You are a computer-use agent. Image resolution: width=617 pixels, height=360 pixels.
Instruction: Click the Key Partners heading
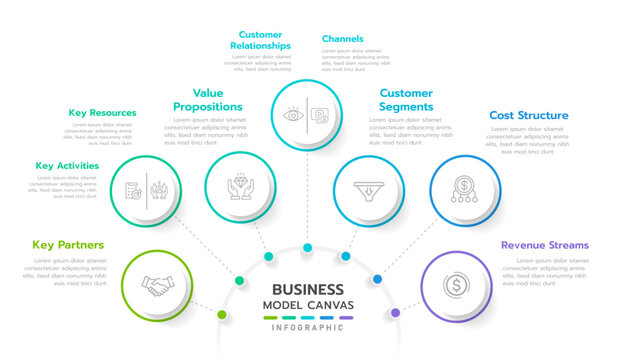click(x=68, y=245)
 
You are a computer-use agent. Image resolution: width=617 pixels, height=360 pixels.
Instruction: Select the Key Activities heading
click(x=67, y=166)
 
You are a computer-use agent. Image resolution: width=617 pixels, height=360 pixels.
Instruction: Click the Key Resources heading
click(x=102, y=113)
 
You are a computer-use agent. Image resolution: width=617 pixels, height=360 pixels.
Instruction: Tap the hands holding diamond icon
click(x=240, y=188)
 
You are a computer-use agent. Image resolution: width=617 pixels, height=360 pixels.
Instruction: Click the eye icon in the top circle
click(x=293, y=115)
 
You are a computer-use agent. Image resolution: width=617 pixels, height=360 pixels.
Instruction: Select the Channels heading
click(x=342, y=39)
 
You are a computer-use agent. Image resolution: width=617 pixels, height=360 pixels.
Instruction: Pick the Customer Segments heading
click(x=406, y=99)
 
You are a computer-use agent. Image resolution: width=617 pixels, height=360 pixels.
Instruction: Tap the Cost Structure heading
click(x=529, y=115)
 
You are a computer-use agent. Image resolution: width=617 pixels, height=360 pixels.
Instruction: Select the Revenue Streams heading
click(x=545, y=245)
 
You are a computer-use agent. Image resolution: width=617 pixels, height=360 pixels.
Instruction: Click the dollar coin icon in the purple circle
click(x=456, y=286)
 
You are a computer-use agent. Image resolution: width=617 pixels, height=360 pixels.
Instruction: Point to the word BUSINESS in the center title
click(x=308, y=287)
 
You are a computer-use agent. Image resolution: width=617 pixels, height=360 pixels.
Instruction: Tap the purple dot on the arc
click(x=395, y=313)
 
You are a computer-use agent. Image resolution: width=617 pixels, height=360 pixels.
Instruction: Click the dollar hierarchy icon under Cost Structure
click(x=464, y=188)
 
